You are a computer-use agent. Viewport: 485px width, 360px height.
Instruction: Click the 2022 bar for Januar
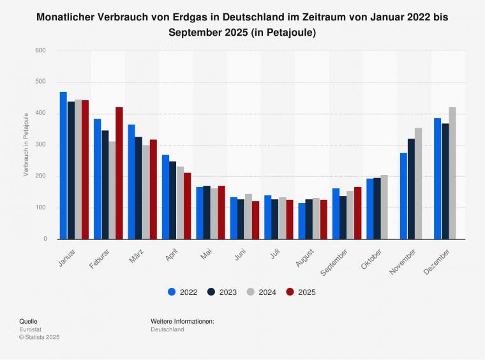(63, 165)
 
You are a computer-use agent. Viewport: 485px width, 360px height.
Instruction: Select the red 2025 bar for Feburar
(119, 173)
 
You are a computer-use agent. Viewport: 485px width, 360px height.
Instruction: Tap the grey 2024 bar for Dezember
(452, 173)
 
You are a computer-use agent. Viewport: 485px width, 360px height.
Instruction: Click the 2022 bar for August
(301, 221)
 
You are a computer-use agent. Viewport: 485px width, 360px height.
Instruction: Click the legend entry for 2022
(183, 292)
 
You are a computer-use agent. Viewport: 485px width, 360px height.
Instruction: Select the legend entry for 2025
(301, 292)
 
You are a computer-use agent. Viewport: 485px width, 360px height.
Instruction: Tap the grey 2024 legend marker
(251, 292)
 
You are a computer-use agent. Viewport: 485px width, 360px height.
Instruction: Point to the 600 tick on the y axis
(41, 50)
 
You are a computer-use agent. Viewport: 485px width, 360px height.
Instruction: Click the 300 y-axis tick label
(41, 145)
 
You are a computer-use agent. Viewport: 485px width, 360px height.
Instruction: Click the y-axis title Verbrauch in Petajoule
(26, 144)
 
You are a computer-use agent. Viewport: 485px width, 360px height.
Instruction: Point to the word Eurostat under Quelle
(31, 329)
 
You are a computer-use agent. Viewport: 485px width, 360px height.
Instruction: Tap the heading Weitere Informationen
(183, 321)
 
